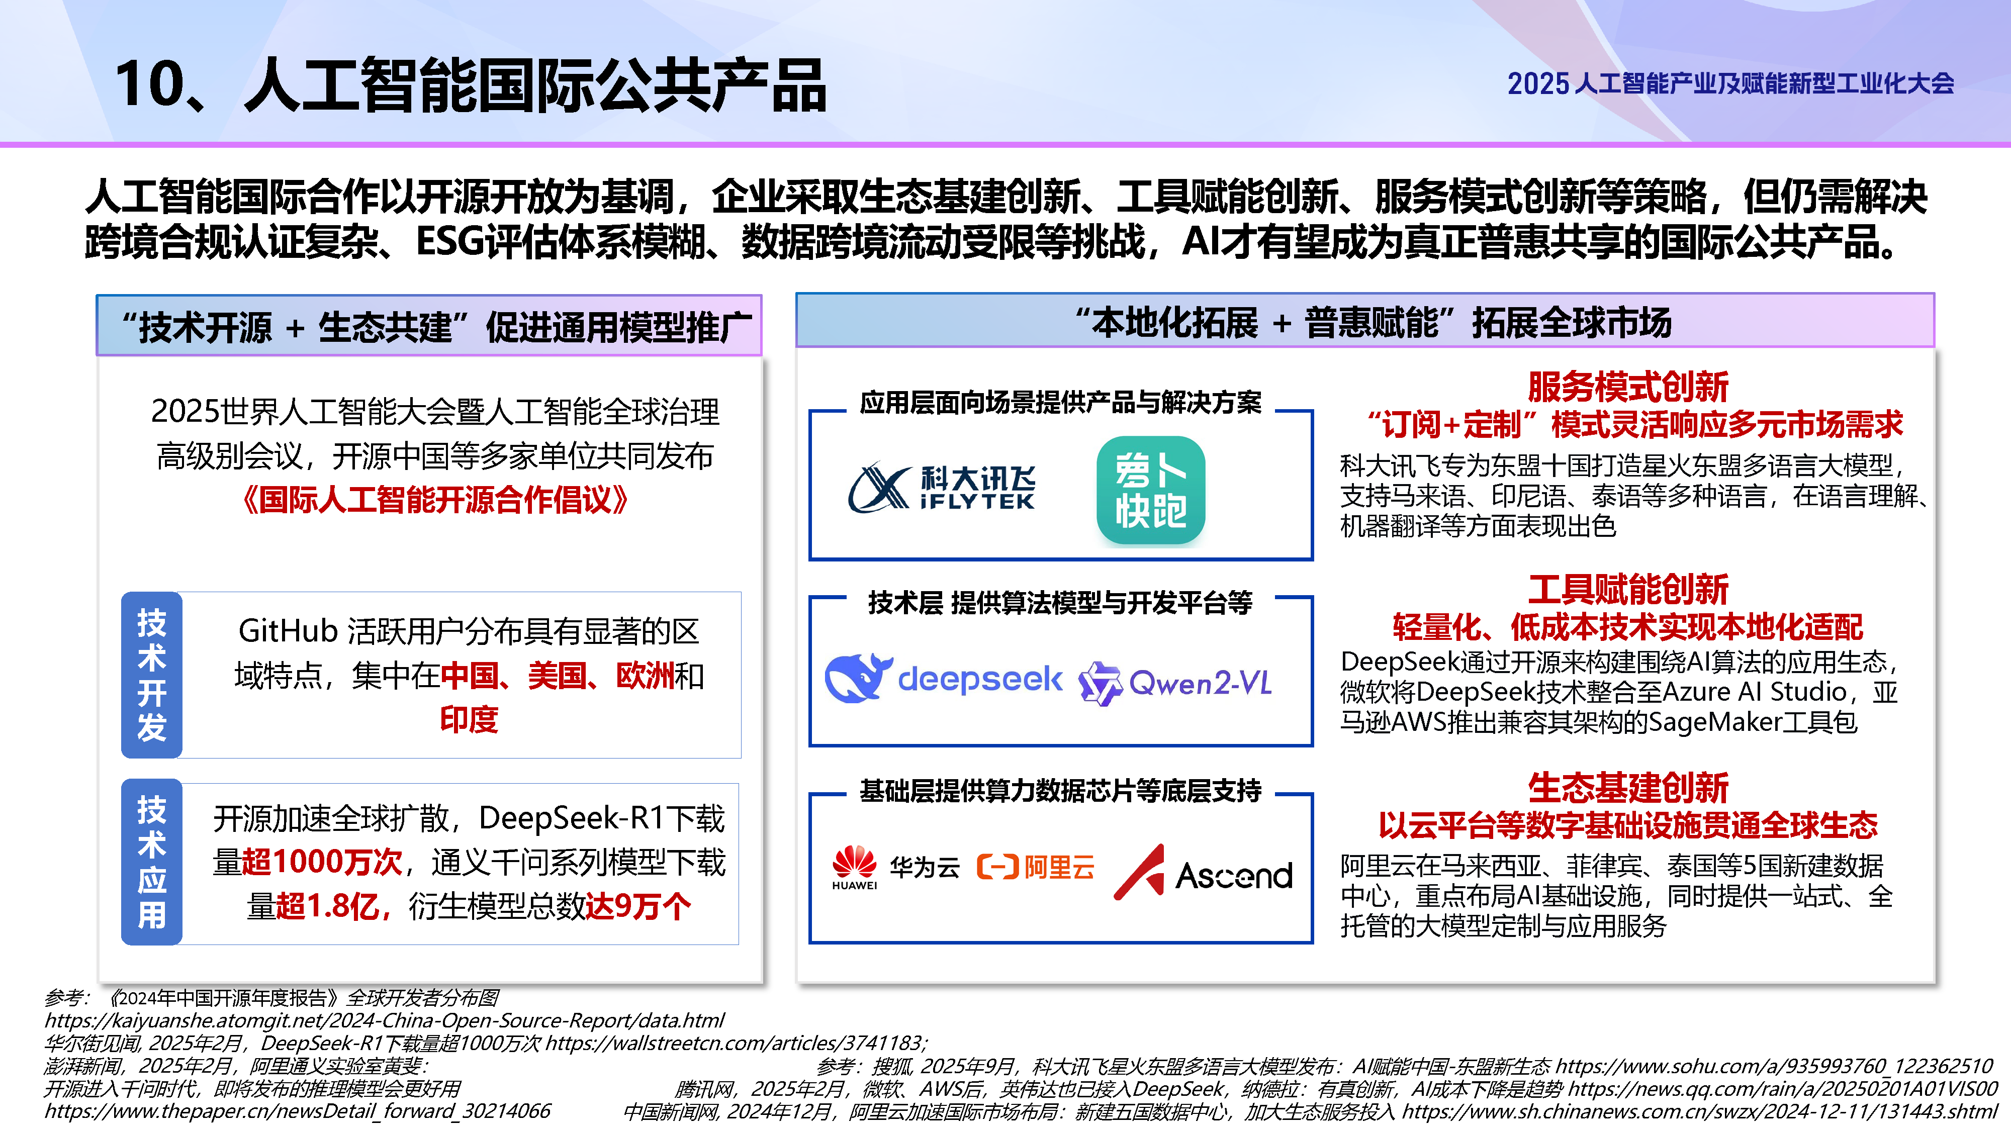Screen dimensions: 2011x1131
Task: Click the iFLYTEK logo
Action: pos(942,488)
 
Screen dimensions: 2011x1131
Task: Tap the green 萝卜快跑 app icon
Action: pos(1151,490)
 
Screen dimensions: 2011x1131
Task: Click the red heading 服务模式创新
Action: pos(1628,387)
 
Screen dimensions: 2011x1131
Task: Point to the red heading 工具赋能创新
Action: pos(1628,589)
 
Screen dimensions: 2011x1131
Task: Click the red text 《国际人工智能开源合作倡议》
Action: pos(435,500)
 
